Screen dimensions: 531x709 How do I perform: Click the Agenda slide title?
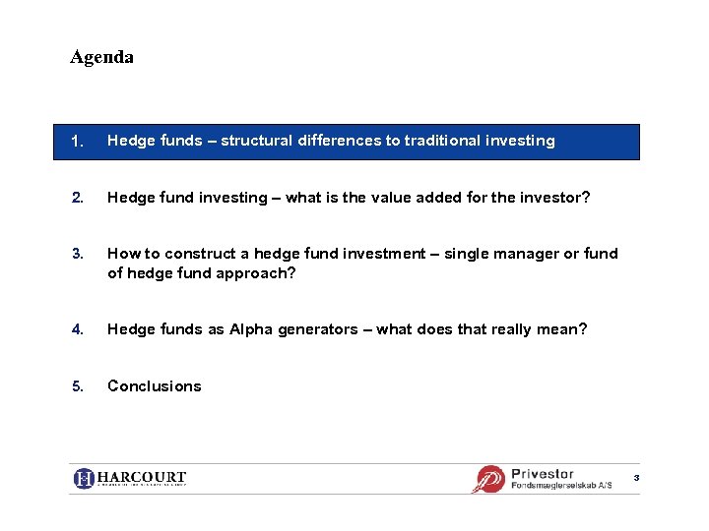101,57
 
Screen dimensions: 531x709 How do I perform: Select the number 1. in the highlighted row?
78,141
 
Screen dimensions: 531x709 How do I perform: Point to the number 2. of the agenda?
78,198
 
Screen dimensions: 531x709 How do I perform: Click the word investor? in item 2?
555,198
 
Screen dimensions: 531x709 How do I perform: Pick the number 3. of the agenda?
78,254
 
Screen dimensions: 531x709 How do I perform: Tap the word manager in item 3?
521,254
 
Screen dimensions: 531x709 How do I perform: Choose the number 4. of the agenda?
78,329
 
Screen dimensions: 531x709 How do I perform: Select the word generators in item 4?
317,329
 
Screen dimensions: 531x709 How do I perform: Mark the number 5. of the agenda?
78,386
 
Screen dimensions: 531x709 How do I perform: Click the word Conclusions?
154,386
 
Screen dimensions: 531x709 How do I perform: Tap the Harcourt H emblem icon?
85,479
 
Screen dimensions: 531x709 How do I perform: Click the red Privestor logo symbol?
488,479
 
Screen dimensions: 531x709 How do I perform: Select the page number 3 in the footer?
636,477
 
